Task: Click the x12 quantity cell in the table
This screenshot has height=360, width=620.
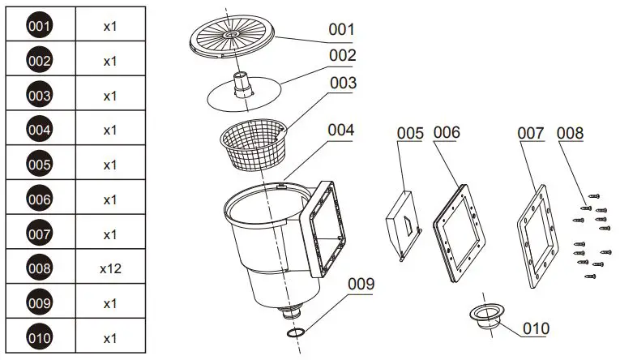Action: [111, 268]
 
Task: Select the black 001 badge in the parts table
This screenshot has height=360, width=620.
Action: [40, 26]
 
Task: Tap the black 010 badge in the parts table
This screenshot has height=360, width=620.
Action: [40, 337]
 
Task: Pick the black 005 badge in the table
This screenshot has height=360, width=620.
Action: [40, 165]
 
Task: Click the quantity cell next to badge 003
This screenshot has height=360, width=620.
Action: [111, 96]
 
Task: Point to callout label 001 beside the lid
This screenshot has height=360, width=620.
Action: [341, 29]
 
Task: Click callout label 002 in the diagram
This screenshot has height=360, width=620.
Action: [341, 56]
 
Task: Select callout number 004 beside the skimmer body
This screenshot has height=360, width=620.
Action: [341, 129]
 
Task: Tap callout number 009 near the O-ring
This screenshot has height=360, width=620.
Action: [361, 284]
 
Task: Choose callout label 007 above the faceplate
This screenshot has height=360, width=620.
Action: [531, 133]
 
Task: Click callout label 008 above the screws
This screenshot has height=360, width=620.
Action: [570, 133]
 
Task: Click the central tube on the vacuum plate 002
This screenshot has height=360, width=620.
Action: [242, 84]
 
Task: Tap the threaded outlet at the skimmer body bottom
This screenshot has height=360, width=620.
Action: [291, 313]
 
